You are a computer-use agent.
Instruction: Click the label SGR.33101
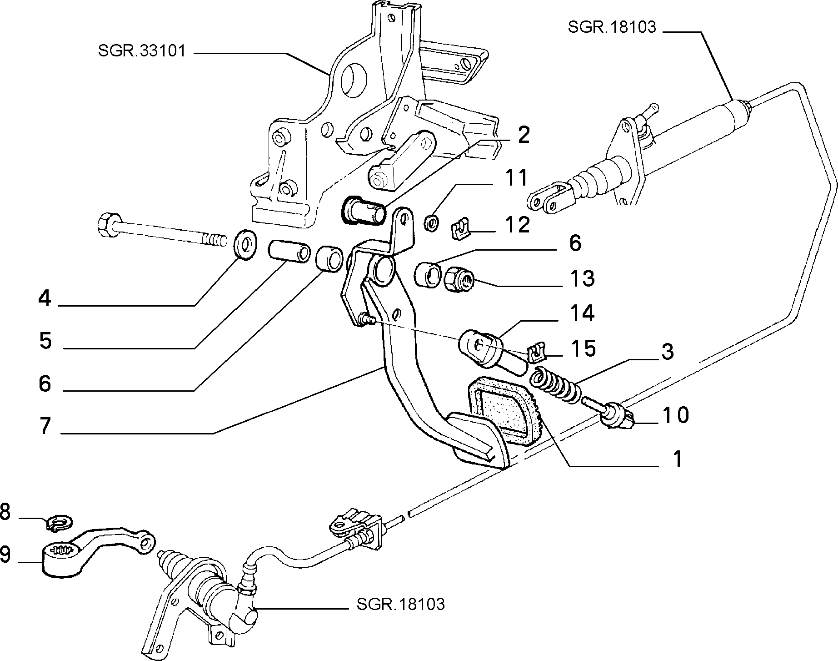142,51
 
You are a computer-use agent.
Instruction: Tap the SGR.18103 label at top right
612,27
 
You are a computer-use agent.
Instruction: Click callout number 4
45,299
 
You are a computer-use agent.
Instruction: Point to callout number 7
45,426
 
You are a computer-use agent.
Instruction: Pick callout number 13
582,278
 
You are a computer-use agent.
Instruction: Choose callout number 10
675,415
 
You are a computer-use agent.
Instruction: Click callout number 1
678,459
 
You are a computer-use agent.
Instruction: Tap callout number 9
5,555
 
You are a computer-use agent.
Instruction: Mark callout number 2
524,135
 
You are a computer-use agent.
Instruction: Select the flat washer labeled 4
245,246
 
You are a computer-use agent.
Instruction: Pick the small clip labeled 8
60,523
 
